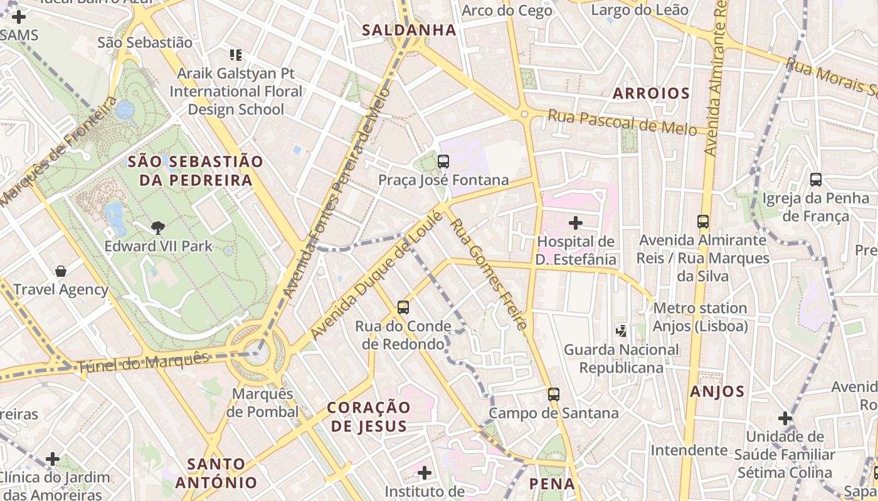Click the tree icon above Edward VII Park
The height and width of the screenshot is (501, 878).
point(158,228)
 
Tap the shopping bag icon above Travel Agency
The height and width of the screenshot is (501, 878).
point(61,271)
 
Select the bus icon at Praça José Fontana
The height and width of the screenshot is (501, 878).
point(443,162)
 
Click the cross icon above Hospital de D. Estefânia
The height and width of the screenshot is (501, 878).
point(575,222)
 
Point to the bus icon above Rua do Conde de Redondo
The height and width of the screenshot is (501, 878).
point(403,307)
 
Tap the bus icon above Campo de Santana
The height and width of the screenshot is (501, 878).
point(553,395)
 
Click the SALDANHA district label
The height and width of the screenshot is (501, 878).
point(409,29)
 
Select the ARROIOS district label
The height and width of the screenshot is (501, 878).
point(651,93)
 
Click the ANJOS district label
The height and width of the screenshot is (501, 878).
point(717,391)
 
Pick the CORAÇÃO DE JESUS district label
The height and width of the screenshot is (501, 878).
point(369,416)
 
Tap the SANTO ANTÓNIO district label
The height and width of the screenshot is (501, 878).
point(216,473)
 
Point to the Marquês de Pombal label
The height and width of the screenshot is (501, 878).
point(263,403)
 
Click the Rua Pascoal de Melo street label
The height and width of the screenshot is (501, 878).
point(622,122)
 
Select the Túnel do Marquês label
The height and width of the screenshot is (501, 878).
point(144,363)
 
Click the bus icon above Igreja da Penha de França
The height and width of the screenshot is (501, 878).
point(816,180)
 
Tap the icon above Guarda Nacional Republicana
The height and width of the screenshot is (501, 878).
point(621,330)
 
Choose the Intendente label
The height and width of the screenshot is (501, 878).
point(689,450)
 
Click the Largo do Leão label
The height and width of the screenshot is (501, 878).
point(640,10)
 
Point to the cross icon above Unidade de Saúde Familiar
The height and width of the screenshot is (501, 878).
point(785,418)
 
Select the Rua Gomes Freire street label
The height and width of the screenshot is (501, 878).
point(489,273)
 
